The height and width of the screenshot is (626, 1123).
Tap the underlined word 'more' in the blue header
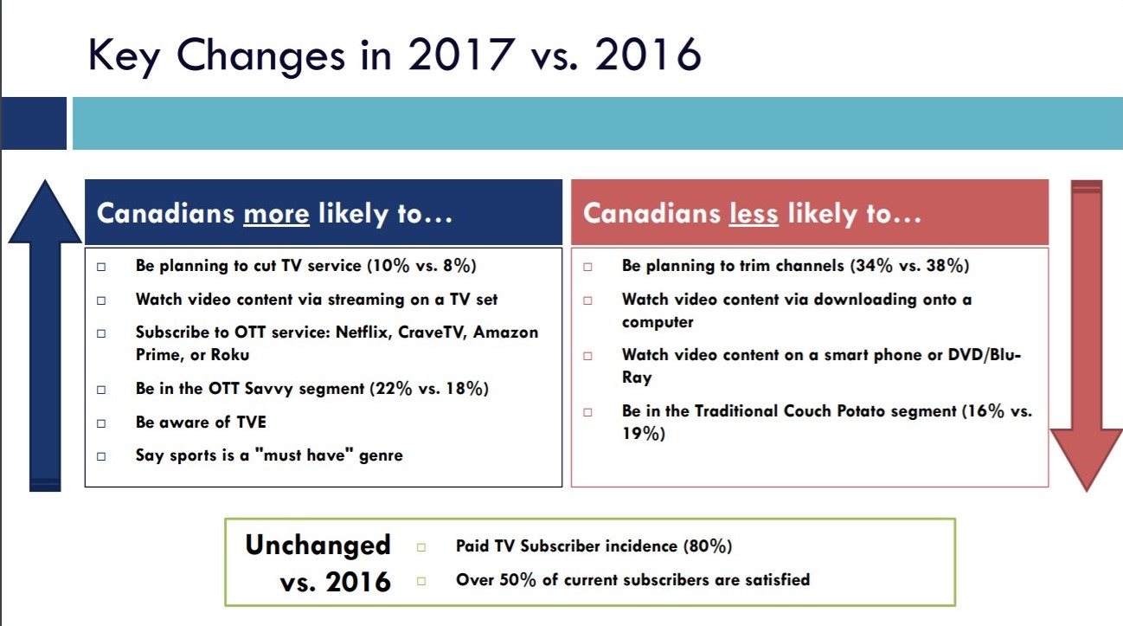(x=276, y=214)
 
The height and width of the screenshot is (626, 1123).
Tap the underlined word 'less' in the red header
(x=754, y=214)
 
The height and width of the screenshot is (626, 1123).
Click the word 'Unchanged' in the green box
(x=318, y=545)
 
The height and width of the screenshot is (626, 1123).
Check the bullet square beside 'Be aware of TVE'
(x=101, y=423)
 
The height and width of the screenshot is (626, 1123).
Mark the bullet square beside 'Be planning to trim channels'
(x=587, y=268)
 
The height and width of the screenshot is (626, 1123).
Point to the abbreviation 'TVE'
(x=249, y=423)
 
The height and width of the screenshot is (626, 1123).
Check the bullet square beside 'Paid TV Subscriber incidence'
(x=421, y=547)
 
